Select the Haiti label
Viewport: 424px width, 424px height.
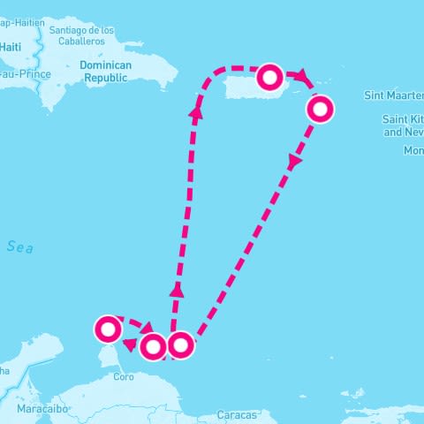(x=11, y=46)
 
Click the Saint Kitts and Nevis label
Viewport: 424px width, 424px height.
(x=403, y=125)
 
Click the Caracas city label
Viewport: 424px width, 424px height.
(x=237, y=414)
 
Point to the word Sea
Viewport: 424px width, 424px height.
(x=19, y=248)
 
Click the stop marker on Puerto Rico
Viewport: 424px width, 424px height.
(x=269, y=79)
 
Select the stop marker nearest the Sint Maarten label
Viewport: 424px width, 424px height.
(x=321, y=109)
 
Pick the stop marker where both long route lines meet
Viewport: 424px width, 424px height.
(x=180, y=344)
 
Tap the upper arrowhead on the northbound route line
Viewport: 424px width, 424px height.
(x=196, y=111)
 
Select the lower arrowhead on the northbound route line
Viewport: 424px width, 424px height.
(x=177, y=290)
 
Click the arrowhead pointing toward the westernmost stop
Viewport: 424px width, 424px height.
(x=130, y=344)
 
